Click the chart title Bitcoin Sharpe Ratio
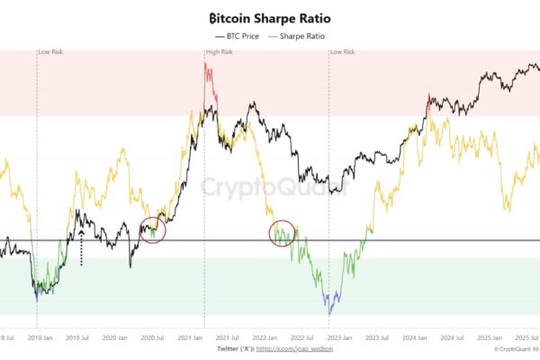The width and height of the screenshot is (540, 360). click(x=269, y=18)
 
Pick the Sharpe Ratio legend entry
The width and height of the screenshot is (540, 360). click(x=301, y=36)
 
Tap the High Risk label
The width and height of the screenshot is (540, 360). click(x=220, y=52)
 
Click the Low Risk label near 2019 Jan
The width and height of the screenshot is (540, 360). click(x=50, y=52)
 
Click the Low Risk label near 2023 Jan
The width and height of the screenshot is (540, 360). click(x=343, y=52)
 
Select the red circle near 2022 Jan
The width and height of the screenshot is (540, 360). click(x=283, y=233)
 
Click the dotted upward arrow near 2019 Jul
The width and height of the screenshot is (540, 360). click(x=81, y=247)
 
